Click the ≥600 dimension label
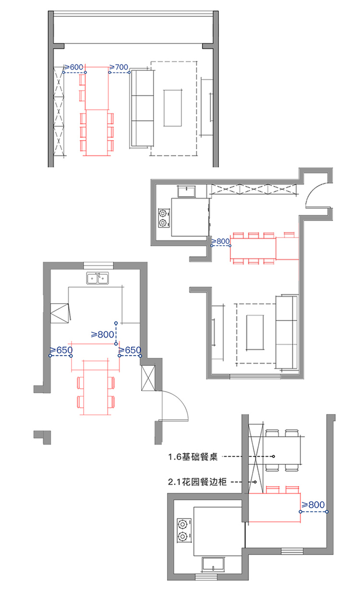point(73,67)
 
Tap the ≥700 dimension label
point(119,67)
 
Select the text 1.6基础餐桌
point(193,457)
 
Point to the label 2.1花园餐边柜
point(197,482)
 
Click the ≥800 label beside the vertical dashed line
point(103,335)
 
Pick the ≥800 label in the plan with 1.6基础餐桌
point(313,505)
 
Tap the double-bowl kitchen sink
point(97,278)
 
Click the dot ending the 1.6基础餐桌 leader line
point(273,457)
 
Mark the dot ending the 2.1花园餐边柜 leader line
point(255,482)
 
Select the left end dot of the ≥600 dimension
point(64,72)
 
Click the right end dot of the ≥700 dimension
point(129,72)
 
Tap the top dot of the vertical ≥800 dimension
point(116,323)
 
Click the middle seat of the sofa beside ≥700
point(143,108)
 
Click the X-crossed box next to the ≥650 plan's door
point(148,378)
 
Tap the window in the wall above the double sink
point(98,265)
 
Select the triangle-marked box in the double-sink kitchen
point(60,313)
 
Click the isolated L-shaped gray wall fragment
point(43,437)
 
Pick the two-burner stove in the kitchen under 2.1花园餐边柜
point(184,530)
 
